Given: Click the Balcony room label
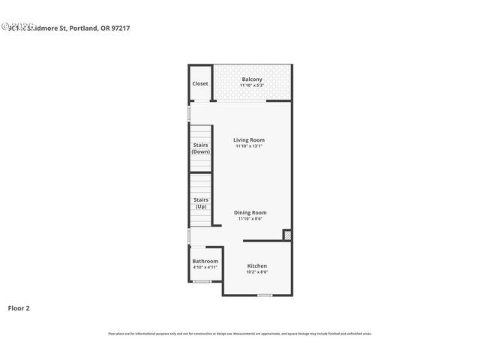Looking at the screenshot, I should (252, 79).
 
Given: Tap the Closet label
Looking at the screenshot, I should (200, 83).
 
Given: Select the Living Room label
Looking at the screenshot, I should (249, 140).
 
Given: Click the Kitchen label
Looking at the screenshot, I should (257, 266).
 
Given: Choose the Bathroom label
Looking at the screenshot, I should (205, 261).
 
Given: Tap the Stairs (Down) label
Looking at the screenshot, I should (200, 148).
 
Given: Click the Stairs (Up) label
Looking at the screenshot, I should (201, 202).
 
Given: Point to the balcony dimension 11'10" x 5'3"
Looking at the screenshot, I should (252, 85).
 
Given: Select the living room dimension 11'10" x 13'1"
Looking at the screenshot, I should (249, 146).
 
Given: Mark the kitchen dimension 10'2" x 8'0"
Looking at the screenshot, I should (257, 272).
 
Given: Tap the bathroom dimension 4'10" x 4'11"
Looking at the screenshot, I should (205, 267).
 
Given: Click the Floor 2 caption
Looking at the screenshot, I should (19, 307).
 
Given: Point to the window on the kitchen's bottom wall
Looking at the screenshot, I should (264, 295).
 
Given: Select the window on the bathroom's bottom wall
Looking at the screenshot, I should (202, 281).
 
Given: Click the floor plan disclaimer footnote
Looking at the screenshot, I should (240, 334).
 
